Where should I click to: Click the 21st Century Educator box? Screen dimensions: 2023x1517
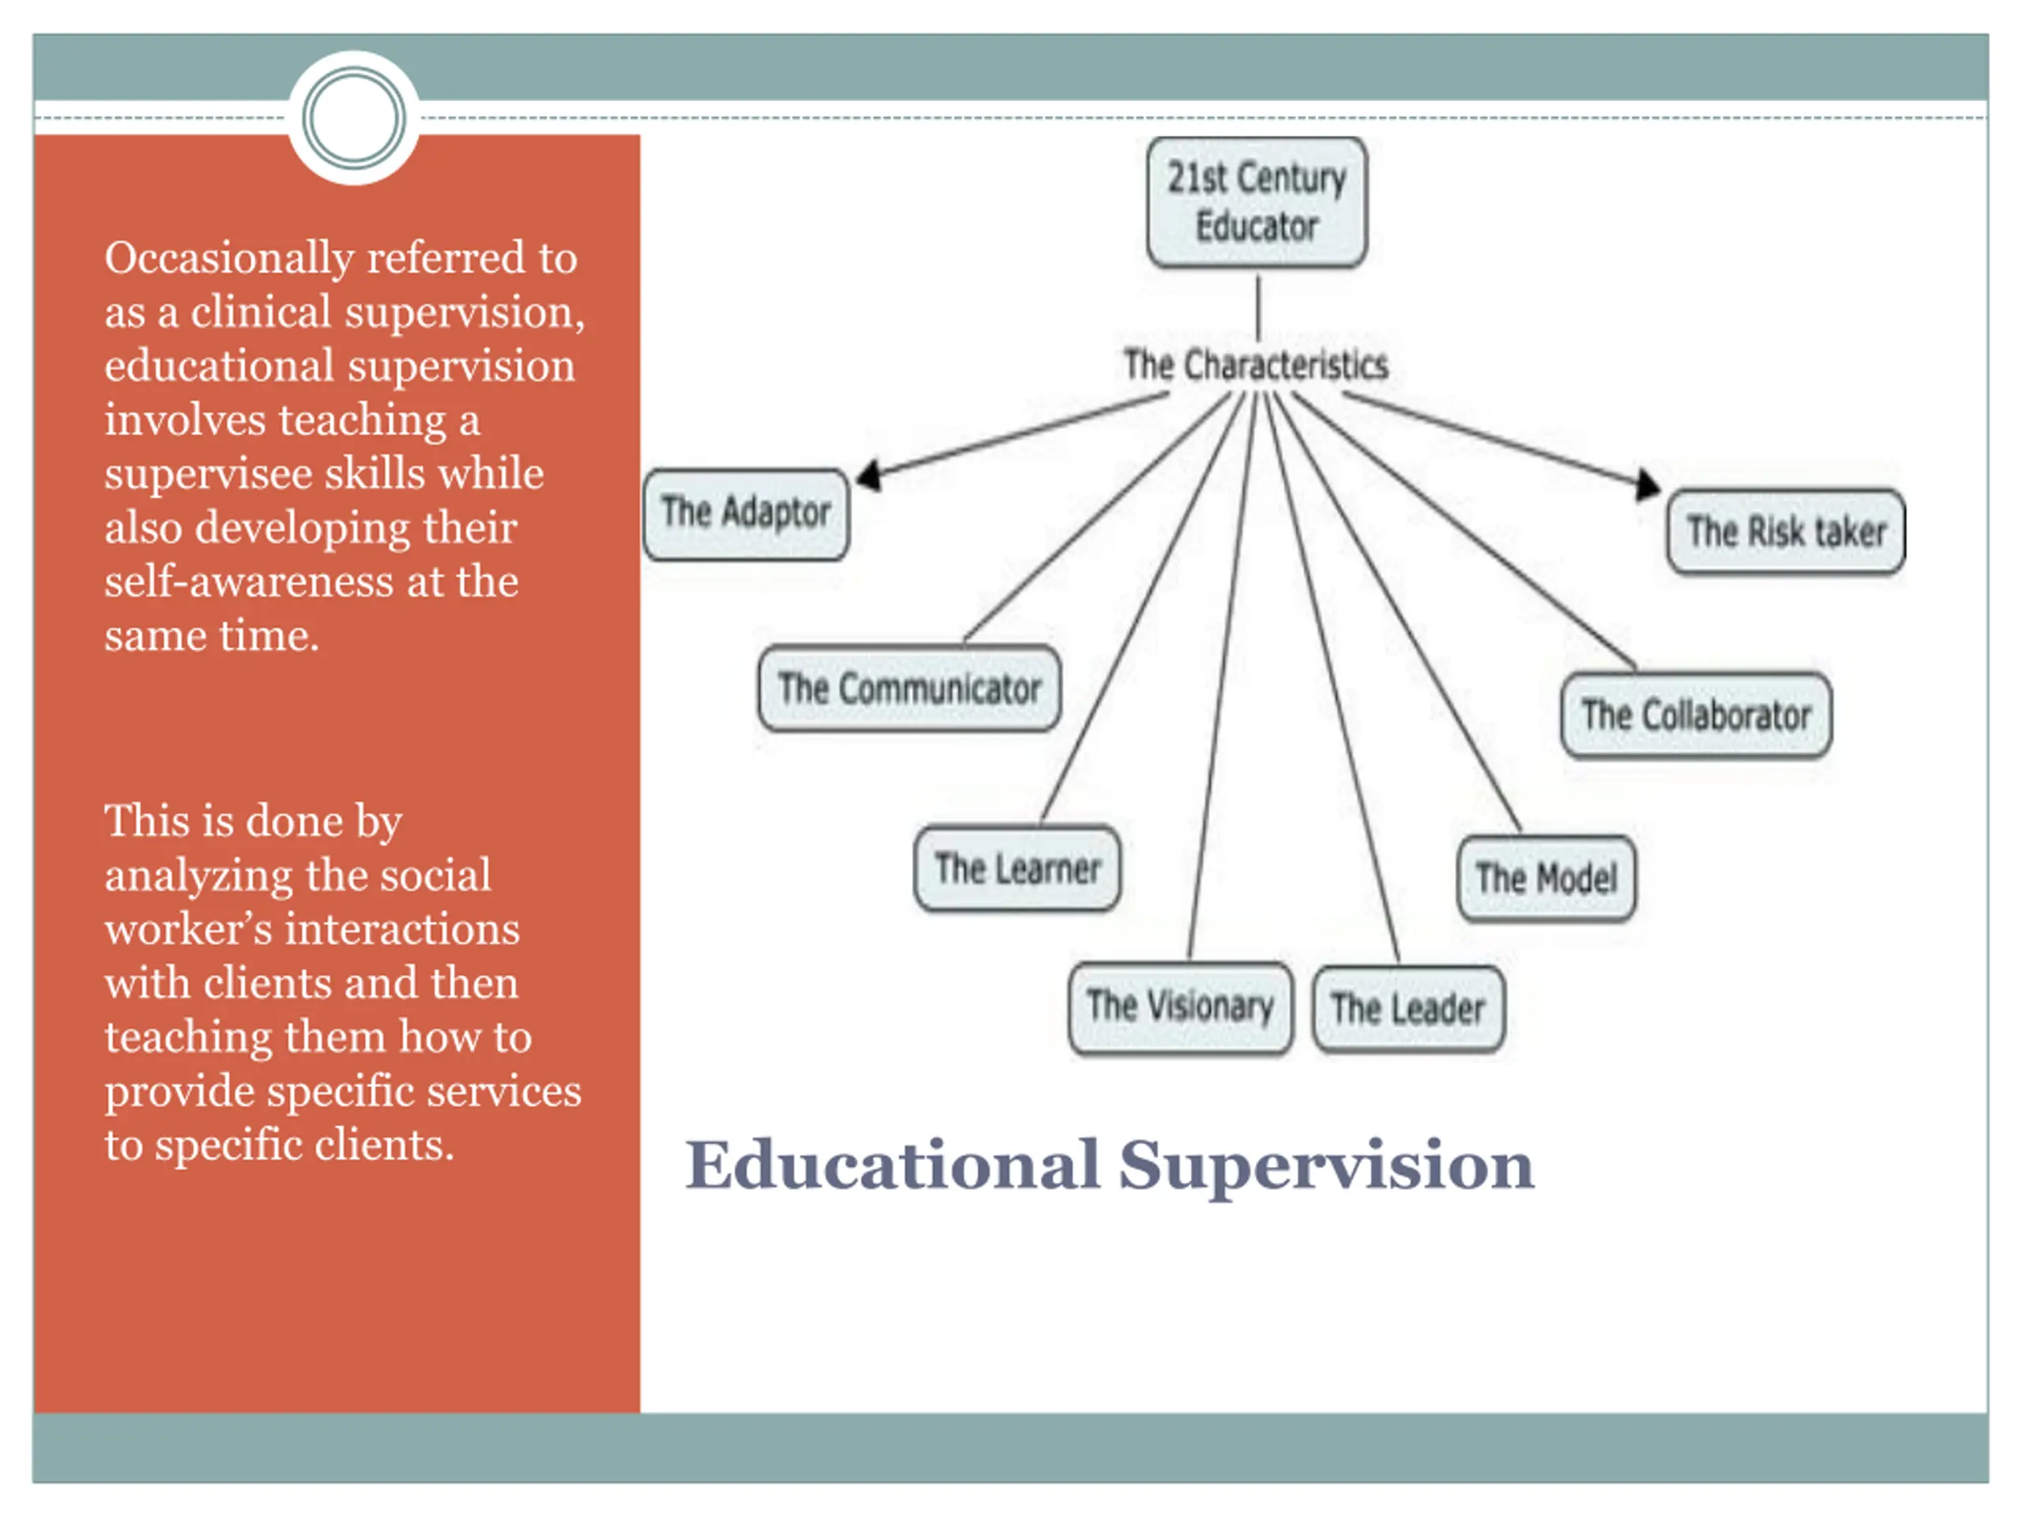coord(1256,202)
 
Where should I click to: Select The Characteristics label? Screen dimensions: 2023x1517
coord(1256,365)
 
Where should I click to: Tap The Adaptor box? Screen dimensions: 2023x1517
coord(745,513)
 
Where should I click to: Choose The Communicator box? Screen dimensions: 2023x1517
coord(909,688)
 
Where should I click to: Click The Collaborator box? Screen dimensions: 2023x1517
coord(1697,715)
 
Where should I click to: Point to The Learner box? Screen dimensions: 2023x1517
coord(1017,868)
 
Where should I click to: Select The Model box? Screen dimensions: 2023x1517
coord(1546,879)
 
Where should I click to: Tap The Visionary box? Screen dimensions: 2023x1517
coord(1180,1007)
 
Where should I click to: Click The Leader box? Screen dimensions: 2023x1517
coord(1407,1010)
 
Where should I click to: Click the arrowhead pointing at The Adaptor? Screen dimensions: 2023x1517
coord(868,476)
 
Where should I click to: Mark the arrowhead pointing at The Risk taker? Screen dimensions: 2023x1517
coord(1647,484)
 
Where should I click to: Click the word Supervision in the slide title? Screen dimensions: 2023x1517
coord(1326,1166)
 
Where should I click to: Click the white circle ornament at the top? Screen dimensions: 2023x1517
coord(354,118)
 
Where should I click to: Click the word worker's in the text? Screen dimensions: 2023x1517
coord(187,929)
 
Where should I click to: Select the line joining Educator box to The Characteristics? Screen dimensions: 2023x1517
coord(1257,307)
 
